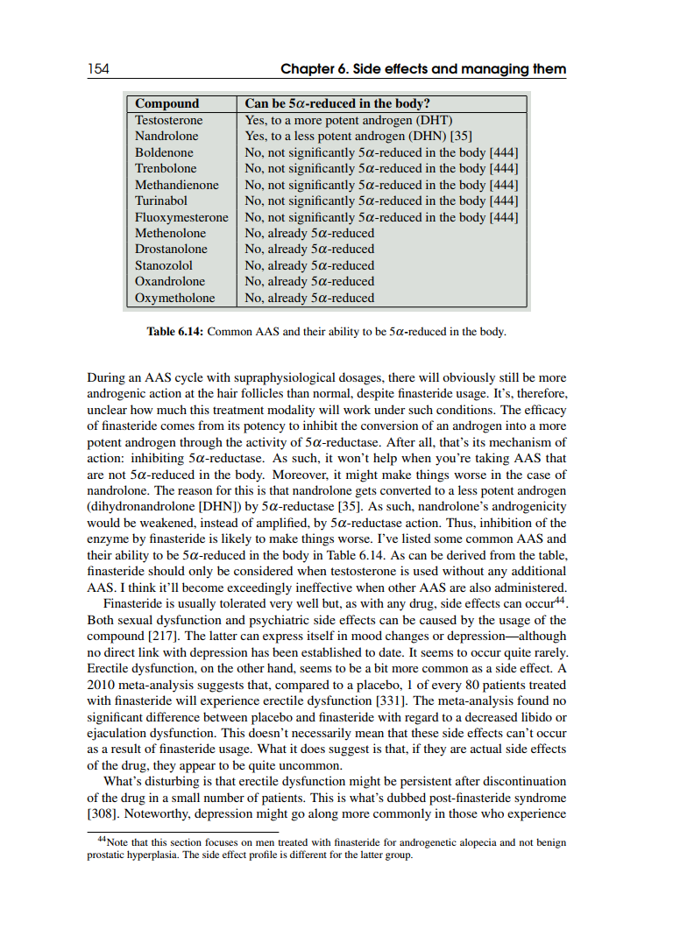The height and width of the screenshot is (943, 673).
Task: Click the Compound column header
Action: click(166, 103)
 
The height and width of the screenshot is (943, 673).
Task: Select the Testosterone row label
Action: click(168, 120)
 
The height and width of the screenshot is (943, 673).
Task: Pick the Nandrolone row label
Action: click(166, 136)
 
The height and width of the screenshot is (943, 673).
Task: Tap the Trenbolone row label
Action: click(166, 168)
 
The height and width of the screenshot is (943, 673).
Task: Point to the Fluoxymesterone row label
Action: click(181, 217)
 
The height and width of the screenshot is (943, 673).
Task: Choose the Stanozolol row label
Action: click(163, 265)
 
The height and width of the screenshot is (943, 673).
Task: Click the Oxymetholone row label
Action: click(174, 298)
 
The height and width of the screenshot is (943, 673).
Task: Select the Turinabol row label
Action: click(160, 201)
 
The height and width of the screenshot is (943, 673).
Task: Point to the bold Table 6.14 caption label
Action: click(174, 333)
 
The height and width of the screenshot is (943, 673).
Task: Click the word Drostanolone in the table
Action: click(171, 249)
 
